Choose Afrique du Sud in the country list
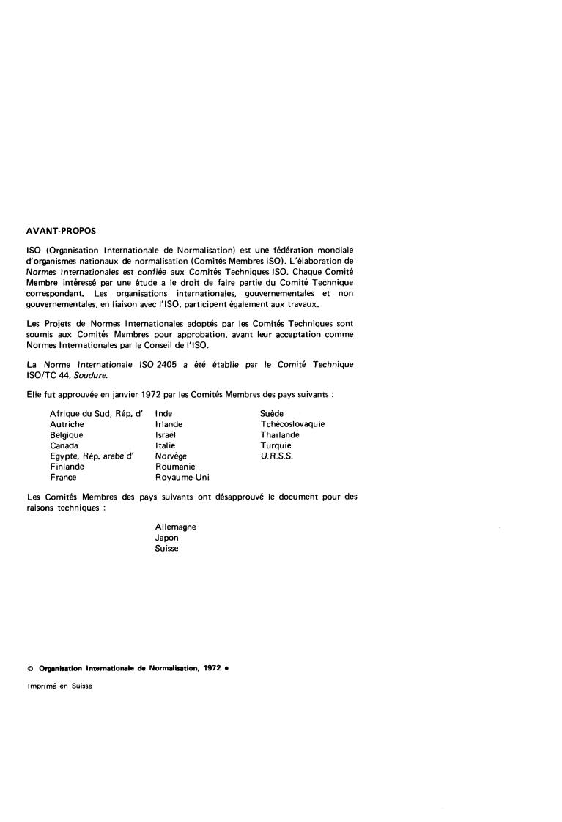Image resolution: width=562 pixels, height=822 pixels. (81, 414)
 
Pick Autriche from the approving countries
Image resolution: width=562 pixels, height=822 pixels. (67, 424)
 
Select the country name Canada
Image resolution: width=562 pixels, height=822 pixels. (64, 445)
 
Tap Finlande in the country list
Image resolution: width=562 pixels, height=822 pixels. (67, 467)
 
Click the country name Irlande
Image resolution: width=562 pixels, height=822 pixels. (169, 424)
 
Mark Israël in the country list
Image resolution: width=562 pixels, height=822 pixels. (166, 435)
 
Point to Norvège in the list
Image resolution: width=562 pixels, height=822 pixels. (171, 456)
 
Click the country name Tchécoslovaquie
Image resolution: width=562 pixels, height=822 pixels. (292, 424)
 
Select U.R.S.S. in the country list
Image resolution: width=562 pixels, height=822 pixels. (276, 456)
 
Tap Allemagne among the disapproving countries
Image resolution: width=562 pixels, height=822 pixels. (175, 527)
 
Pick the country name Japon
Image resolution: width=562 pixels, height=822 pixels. (166, 538)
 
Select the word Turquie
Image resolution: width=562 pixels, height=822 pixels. (276, 445)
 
